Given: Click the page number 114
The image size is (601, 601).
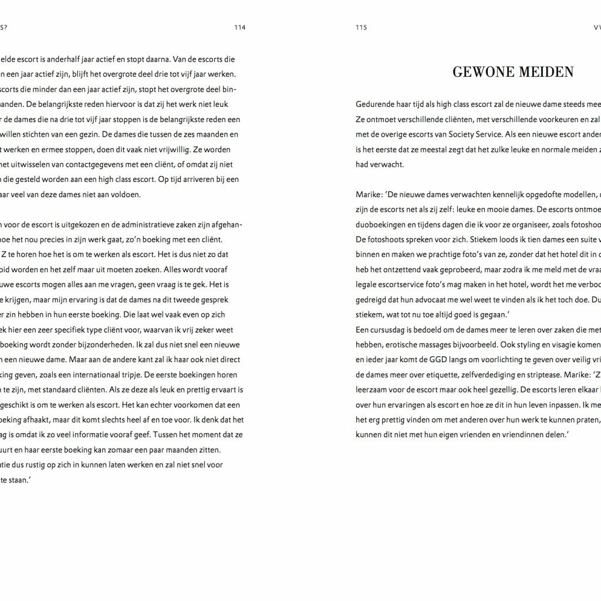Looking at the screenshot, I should click(239, 27).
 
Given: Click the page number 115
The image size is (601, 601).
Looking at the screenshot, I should click(361, 27).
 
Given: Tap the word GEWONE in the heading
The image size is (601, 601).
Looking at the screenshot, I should click(481, 72).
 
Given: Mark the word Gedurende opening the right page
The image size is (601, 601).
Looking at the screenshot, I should click(376, 104).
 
